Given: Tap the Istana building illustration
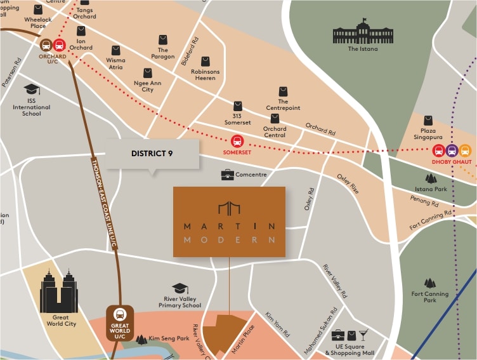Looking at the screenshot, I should point(363,32).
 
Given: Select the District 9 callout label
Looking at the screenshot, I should point(152,153).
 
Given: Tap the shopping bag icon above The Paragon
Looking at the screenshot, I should point(163,39).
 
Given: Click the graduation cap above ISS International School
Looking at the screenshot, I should point(31,90).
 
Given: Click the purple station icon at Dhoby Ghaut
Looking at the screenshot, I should point(452,150).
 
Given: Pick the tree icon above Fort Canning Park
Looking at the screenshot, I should point(430,283).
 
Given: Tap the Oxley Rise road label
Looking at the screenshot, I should point(348,183).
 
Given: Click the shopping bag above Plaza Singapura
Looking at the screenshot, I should point(428,121).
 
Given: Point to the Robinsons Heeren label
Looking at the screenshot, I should point(205,76).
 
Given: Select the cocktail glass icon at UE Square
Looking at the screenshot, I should point(362,335).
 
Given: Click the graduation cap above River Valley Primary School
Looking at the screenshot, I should point(180,289).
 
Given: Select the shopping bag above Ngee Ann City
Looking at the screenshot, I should point(148,73).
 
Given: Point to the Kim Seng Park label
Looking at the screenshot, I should point(168,339).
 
